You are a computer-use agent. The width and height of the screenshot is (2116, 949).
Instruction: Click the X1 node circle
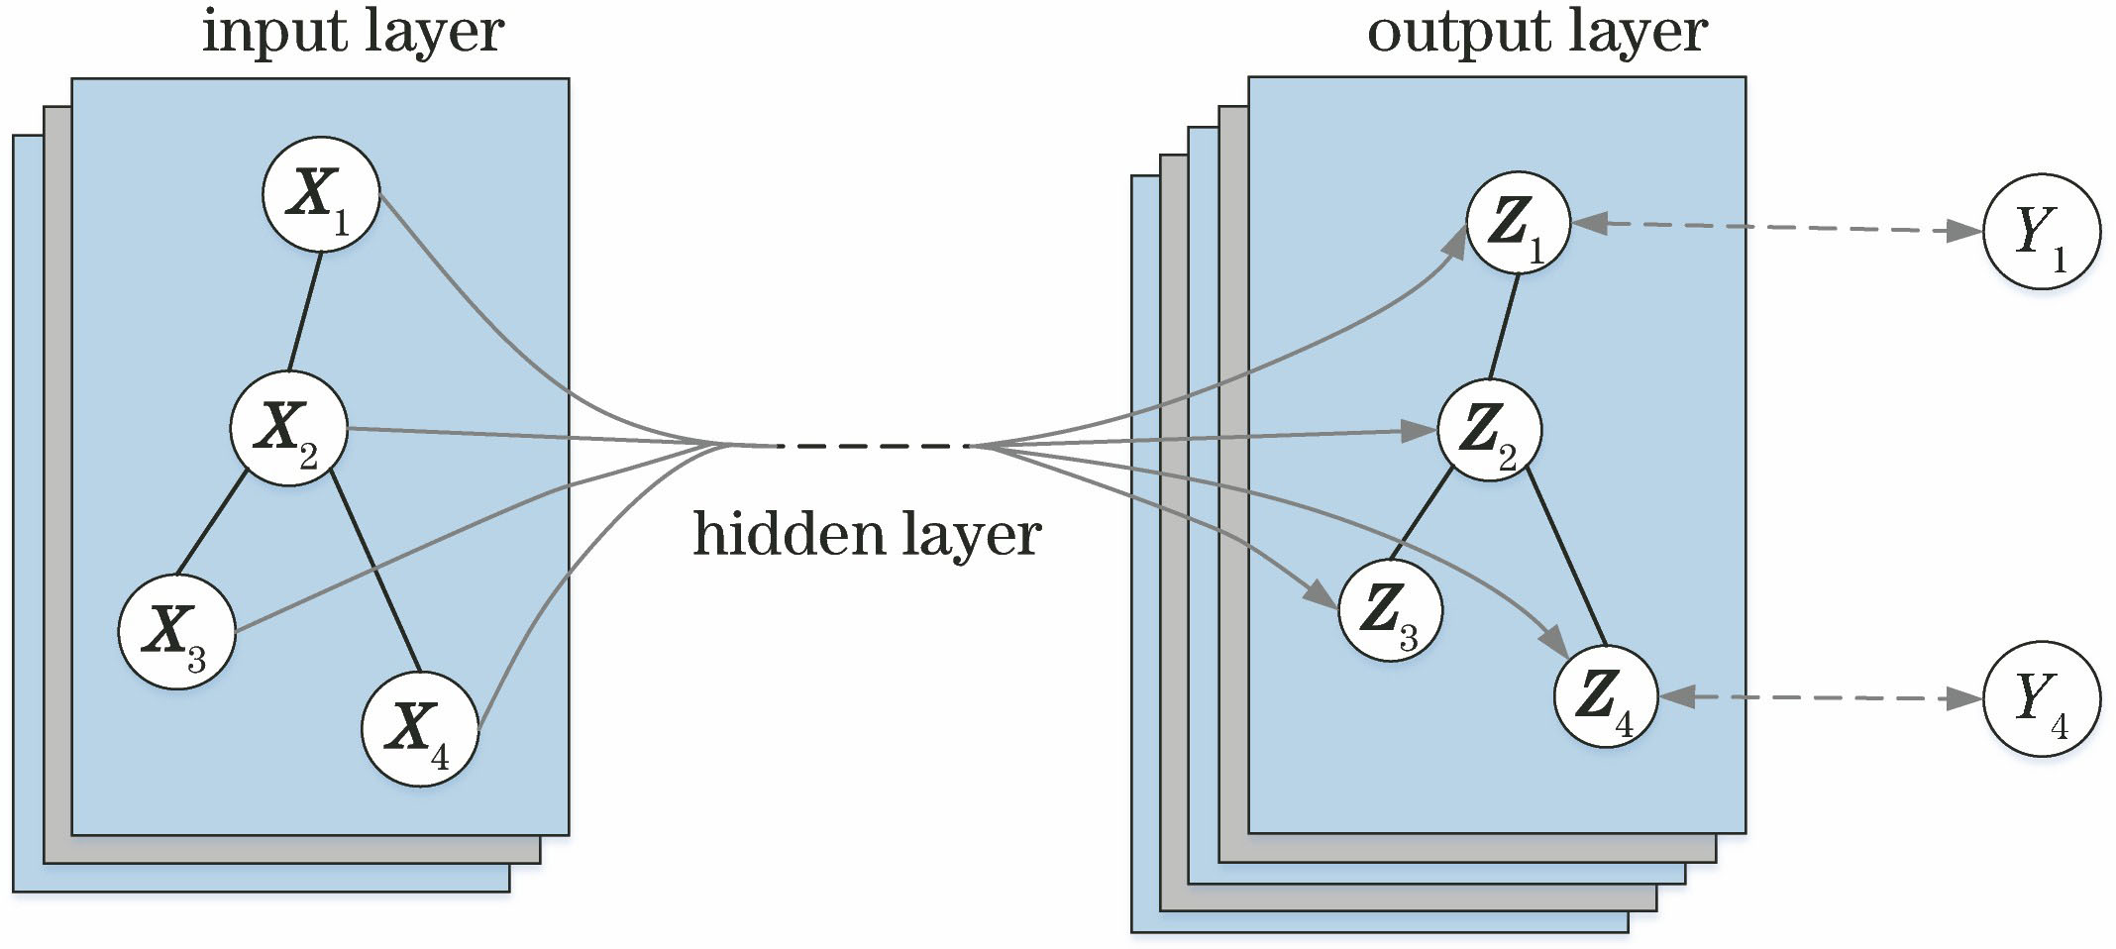321,194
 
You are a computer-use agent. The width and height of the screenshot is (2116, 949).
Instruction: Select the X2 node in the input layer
288,428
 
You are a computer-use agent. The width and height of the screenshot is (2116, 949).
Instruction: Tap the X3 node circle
176,631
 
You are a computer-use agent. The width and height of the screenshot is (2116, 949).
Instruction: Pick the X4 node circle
420,728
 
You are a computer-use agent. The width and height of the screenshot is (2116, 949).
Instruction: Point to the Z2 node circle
1489,430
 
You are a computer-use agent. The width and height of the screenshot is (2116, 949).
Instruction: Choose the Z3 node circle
1390,610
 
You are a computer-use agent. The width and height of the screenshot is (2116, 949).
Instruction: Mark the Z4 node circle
1605,695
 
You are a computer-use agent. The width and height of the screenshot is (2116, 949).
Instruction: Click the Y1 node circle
2042,231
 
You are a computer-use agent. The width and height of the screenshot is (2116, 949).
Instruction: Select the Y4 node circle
2042,698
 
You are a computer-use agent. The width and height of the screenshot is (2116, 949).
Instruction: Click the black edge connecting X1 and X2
305,311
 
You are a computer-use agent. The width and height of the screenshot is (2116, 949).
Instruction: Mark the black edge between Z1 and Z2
1505,327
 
